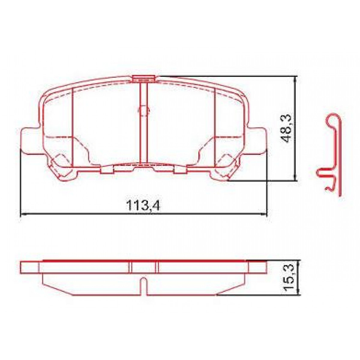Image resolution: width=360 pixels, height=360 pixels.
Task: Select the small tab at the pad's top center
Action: [x=144, y=79]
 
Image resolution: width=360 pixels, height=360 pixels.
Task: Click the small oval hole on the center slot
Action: [x=144, y=110]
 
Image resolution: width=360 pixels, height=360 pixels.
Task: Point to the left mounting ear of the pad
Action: [x=30, y=141]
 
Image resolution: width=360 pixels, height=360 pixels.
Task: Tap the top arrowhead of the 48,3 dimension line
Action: [x=296, y=79]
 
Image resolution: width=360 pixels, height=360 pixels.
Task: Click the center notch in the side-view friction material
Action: [x=144, y=285]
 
